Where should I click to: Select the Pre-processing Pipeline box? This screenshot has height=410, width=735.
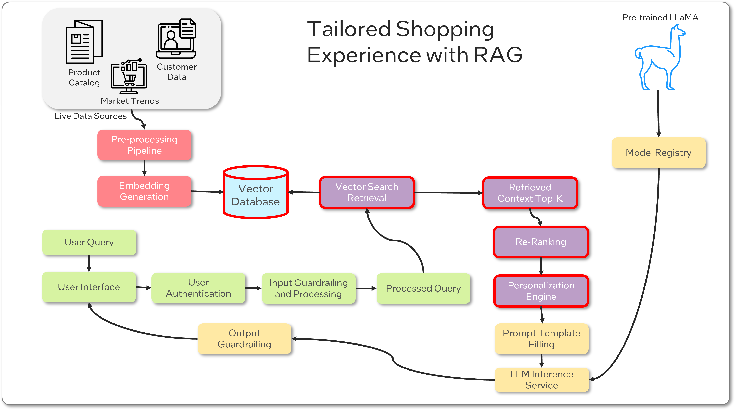[x=144, y=145]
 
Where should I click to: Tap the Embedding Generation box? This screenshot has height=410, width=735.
[x=144, y=191]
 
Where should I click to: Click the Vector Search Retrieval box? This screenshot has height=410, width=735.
[x=367, y=192]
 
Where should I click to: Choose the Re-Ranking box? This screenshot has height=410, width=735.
[x=541, y=242]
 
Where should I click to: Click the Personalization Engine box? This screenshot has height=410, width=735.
[x=541, y=291]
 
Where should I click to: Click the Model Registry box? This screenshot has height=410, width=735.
[x=658, y=153]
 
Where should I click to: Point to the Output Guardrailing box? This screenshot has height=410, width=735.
[x=244, y=339]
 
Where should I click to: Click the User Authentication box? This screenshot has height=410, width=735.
[x=198, y=288]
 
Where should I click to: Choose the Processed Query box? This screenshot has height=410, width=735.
[x=423, y=288]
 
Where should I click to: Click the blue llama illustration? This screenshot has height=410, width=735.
[x=659, y=58]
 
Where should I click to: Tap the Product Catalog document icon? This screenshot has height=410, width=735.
[x=84, y=42]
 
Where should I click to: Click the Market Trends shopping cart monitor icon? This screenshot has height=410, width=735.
[x=129, y=76]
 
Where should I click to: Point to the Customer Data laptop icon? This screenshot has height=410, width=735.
[x=176, y=38]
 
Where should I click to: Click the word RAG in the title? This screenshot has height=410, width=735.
[x=498, y=55]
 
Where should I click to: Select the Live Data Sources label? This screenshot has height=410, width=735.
[x=91, y=116]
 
